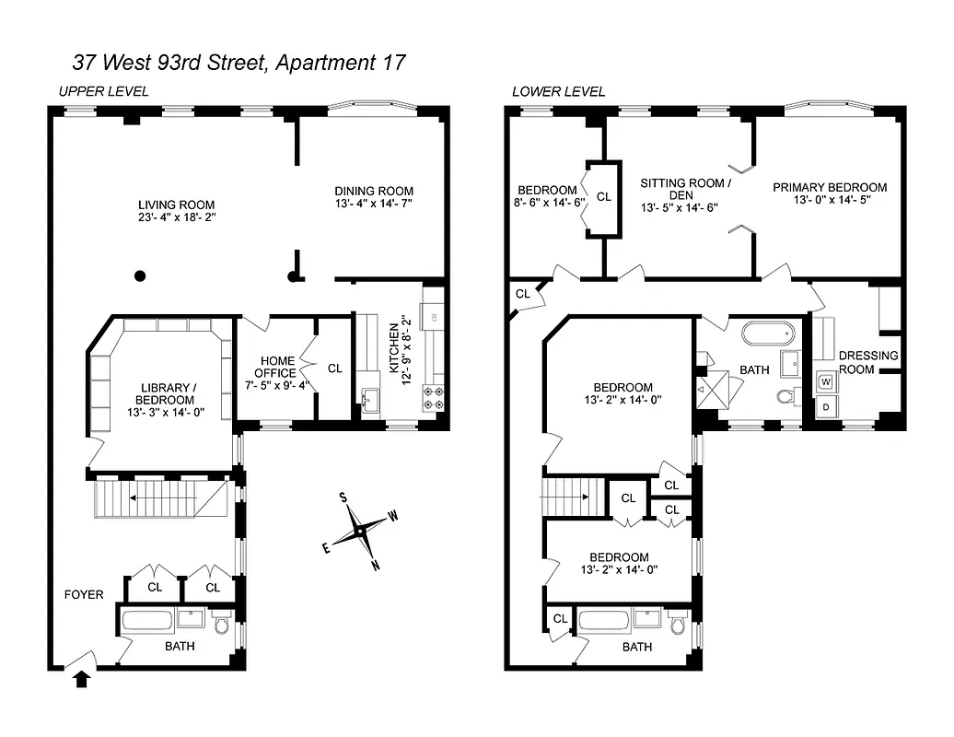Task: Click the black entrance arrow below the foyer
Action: coord(81,679)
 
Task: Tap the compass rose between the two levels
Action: coord(358,532)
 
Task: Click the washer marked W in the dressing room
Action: coord(825,380)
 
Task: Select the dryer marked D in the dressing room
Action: coord(825,406)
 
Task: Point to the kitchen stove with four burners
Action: coord(432,398)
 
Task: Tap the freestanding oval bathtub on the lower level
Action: coord(766,333)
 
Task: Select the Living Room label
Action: coord(176,205)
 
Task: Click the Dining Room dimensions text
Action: coord(373,205)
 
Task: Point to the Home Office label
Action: coord(276,367)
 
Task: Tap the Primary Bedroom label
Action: coord(830,187)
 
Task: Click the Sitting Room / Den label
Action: coord(686,189)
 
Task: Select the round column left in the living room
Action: coord(139,275)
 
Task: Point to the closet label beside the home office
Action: coord(335,368)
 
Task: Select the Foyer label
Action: coord(83,594)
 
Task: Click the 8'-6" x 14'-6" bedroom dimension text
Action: coord(549,204)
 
